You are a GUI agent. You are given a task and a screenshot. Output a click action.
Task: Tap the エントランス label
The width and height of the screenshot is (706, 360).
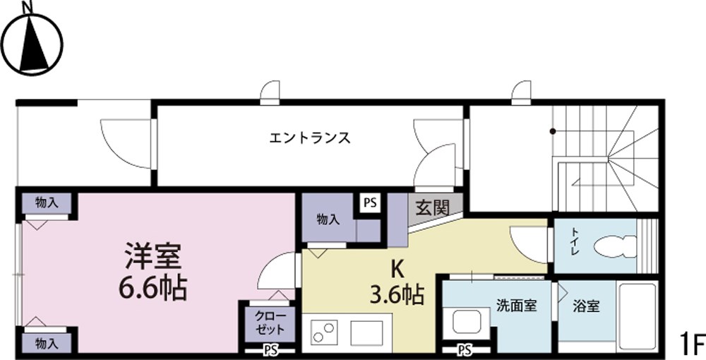310,138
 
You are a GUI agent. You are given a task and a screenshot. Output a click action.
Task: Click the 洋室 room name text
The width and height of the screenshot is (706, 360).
153,255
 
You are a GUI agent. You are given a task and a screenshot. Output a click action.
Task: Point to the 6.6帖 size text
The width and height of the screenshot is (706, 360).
153,287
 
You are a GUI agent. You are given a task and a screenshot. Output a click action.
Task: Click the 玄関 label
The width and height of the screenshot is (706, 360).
432,208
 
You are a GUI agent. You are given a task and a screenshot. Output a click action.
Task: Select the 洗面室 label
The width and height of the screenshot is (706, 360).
516,306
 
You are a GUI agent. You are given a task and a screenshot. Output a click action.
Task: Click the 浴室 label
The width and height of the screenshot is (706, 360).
586,306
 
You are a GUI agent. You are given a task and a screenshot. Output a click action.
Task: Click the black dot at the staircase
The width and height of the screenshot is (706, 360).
553,131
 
